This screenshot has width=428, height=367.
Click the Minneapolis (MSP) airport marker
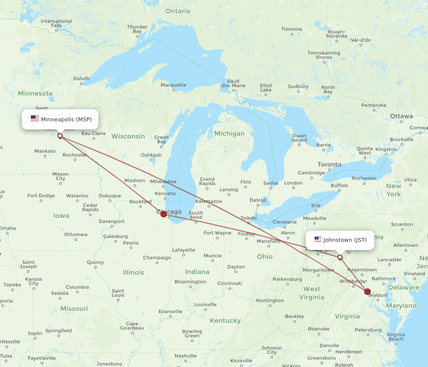pos(60,136)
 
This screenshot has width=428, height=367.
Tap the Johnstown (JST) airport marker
pos(340,257)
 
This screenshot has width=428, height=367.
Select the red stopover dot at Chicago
pos(163,214)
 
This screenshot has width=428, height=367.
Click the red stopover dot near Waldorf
pos(367,292)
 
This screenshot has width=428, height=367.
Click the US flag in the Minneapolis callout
pos(35,119)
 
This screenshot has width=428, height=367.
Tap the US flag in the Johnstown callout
pos(318,240)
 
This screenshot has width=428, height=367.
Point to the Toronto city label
pos(329,165)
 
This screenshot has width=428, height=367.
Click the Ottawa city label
pos(401,116)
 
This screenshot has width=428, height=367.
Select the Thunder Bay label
pos(137,29)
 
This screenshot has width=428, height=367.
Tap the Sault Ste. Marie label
pos(233,83)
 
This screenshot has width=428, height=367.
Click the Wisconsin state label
pos(128,136)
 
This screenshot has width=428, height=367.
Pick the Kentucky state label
pos(225,321)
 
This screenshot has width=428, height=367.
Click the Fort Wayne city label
pos(217,233)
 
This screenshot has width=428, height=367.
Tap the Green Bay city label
pos(161,139)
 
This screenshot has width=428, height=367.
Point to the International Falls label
pos(56,23)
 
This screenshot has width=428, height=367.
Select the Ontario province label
pos(178,11)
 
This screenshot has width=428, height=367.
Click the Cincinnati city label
pos(229,283)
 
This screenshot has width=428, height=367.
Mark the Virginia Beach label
pos(395,337)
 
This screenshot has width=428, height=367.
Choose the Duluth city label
pos(81,78)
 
